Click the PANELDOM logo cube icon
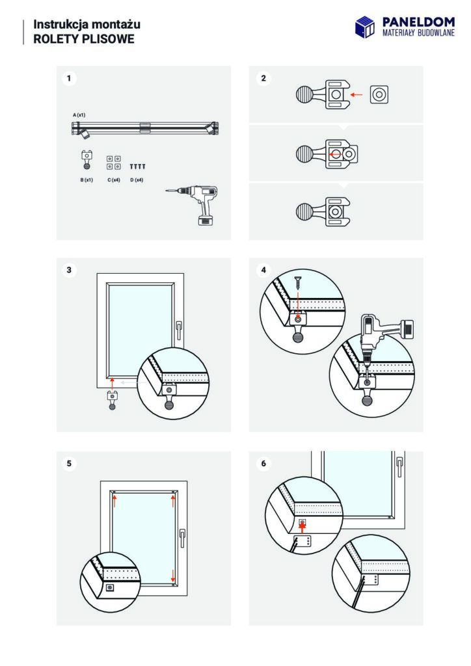[x=365, y=27]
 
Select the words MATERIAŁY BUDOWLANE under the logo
[x=417, y=33]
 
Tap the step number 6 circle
[x=263, y=463]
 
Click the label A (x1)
[x=79, y=114]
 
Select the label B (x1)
[x=86, y=179]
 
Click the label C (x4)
[x=114, y=179]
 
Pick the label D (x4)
[x=137, y=179]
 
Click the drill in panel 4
[x=384, y=332]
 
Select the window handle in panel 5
[x=182, y=537]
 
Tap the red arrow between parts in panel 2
[x=356, y=95]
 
